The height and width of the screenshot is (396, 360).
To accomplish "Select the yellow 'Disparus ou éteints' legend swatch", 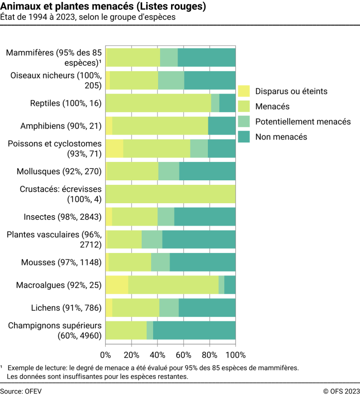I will (243, 91).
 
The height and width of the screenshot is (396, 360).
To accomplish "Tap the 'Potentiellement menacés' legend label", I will (303, 122).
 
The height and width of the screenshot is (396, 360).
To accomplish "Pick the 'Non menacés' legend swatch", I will (243, 136).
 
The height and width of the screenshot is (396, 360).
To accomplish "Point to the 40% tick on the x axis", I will (158, 355).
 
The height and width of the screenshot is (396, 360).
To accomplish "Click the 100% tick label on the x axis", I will (235, 355).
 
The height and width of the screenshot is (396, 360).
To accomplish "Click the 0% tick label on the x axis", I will (106, 355).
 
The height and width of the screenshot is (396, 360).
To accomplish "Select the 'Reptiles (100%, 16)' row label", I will (66, 103).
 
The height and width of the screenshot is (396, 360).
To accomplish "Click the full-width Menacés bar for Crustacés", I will (171, 194).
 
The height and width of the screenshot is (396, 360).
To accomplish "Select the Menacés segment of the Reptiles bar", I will (158, 103).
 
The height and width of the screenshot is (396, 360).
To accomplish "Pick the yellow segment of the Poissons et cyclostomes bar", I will (114, 148).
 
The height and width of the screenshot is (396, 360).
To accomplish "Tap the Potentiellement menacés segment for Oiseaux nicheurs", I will (171, 80).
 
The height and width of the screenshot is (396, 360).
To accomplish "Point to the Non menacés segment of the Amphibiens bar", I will (222, 126).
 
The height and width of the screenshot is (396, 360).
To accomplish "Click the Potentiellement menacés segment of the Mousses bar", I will (160, 262).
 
